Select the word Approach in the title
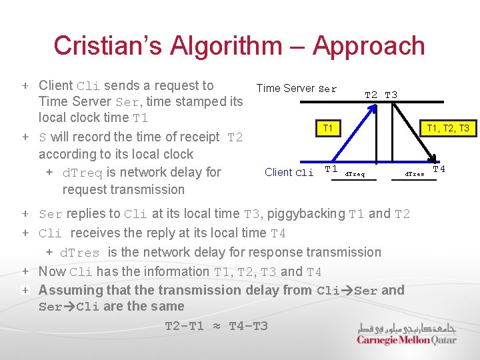[369, 45]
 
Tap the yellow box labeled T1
[328, 128]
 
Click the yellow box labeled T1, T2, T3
[447, 128]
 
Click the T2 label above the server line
[372, 95]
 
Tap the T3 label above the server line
[391, 95]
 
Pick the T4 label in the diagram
[439, 169]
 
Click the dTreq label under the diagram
[354, 175]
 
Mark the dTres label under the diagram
[415, 175]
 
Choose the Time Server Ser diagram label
[297, 88]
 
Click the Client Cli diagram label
[289, 172]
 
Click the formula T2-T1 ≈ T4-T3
[217, 325]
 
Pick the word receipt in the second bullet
[196, 137]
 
